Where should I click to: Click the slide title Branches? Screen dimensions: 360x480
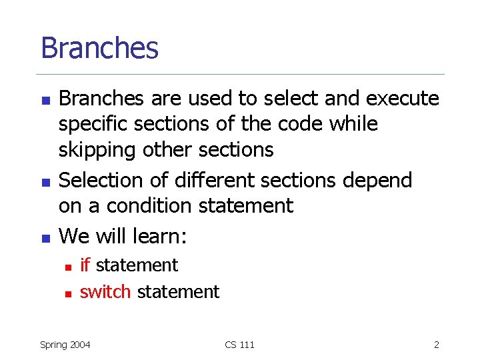point(99,48)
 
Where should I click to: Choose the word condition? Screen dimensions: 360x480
point(153,206)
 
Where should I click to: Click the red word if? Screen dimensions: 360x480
point(85,265)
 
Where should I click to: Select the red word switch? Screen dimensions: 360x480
point(105,291)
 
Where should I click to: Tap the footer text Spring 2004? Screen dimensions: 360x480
point(65,345)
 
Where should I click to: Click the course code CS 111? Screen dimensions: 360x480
point(239,345)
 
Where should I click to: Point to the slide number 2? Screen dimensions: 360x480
point(436,345)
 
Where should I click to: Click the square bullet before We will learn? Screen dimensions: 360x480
point(45,237)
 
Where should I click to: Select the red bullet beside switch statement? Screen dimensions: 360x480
point(67,293)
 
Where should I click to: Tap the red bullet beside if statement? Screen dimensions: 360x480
point(67,266)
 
